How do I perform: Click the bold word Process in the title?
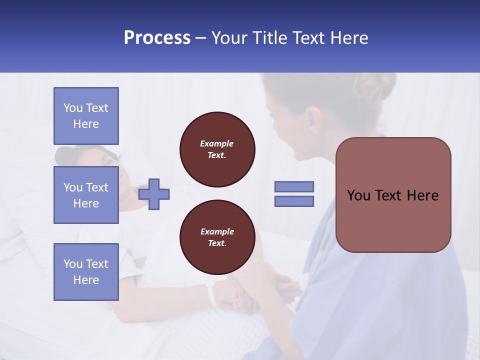click(157, 38)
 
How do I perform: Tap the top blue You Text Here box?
click(86, 116)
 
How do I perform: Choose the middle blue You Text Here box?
click(86, 195)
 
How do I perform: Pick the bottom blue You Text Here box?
click(86, 272)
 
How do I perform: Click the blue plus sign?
click(154, 194)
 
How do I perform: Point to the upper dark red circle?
click(217, 149)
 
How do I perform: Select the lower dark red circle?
click(217, 237)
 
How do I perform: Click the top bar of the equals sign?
click(294, 186)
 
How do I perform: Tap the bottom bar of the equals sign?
click(294, 201)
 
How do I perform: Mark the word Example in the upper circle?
click(217, 143)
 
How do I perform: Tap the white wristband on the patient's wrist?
click(212, 294)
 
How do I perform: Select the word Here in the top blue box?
click(86, 124)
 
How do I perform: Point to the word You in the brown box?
click(358, 195)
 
